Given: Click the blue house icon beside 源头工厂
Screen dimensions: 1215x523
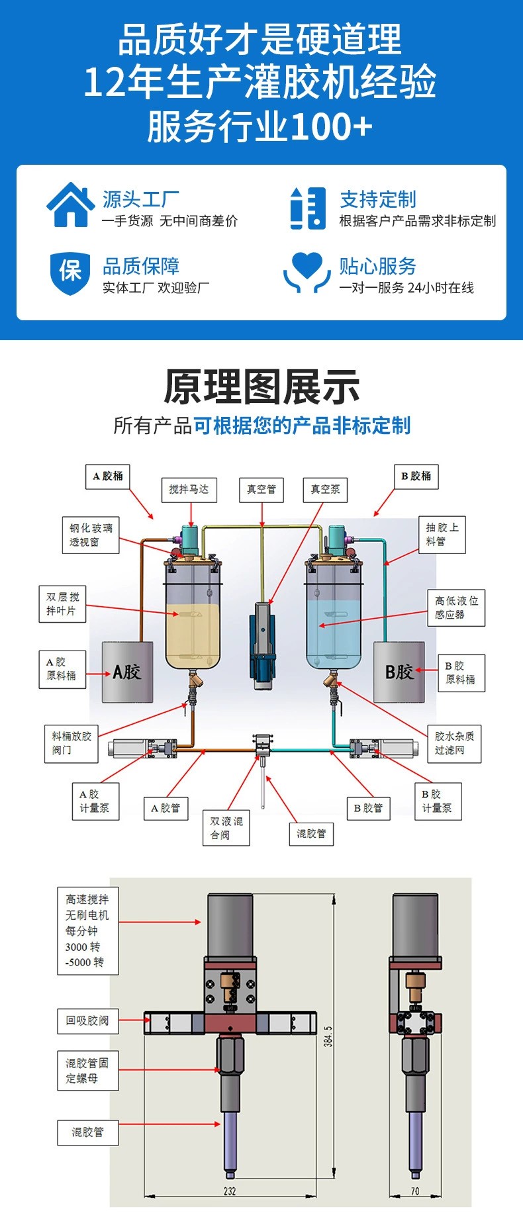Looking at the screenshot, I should pyautogui.click(x=70, y=205).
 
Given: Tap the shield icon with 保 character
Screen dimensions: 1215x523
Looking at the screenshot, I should pyautogui.click(x=70, y=271).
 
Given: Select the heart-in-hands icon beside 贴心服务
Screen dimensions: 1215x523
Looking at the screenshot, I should pyautogui.click(x=307, y=271).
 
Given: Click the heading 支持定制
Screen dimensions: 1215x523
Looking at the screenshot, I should pyautogui.click(x=378, y=199).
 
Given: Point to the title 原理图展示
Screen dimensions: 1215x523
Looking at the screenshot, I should pyautogui.click(x=261, y=387).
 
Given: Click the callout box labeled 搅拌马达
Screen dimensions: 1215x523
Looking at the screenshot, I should pyautogui.click(x=189, y=490).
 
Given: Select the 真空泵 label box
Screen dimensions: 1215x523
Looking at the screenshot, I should pyautogui.click(x=325, y=490).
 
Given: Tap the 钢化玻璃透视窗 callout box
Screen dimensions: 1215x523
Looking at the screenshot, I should pyautogui.click(x=91, y=535).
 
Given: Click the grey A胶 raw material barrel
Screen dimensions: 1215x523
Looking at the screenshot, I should pyautogui.click(x=127, y=672).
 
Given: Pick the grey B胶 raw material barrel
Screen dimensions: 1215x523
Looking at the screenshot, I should pyautogui.click(x=399, y=672).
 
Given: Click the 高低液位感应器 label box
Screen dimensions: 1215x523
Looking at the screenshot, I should pyautogui.click(x=456, y=607).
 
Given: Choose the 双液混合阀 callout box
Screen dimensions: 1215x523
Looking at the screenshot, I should pyautogui.click(x=226, y=828).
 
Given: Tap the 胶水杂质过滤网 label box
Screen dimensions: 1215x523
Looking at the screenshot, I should pyautogui.click(x=454, y=743).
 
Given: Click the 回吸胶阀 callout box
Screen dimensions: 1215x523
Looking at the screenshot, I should pyautogui.click(x=87, y=1020).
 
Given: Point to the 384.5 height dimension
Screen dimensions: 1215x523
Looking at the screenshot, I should pyautogui.click(x=329, y=1036).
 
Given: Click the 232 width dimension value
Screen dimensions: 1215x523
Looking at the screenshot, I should pyautogui.click(x=230, y=1191).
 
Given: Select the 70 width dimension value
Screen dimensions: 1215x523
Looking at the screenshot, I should pyautogui.click(x=415, y=1191).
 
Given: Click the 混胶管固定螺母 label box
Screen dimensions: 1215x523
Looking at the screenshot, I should pyautogui.click(x=87, y=1071).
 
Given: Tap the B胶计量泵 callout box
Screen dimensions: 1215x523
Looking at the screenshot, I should pyautogui.click(x=437, y=801).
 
